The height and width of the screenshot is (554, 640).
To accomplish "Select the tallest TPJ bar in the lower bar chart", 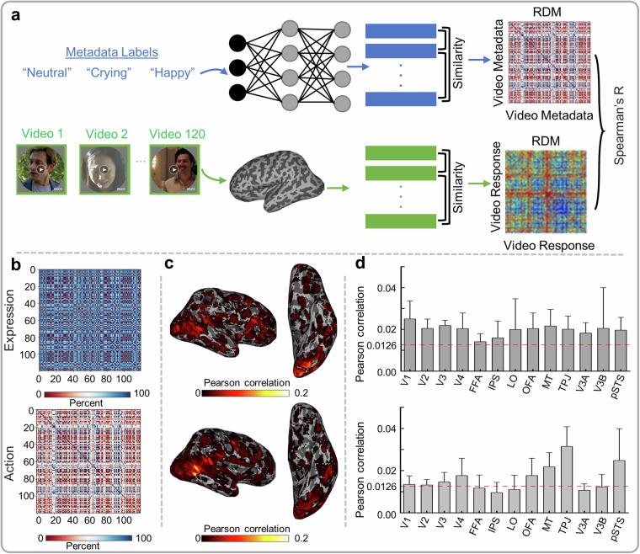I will click(x=566, y=480).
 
